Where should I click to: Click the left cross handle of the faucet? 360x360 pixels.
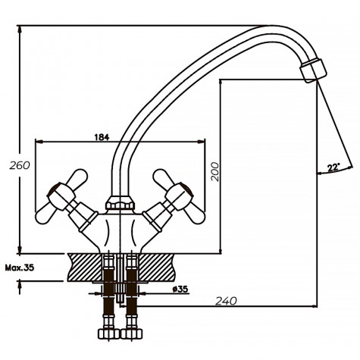click(67, 189)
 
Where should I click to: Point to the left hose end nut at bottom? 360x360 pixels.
click(105, 334)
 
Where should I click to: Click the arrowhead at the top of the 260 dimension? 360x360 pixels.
click(20, 29)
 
